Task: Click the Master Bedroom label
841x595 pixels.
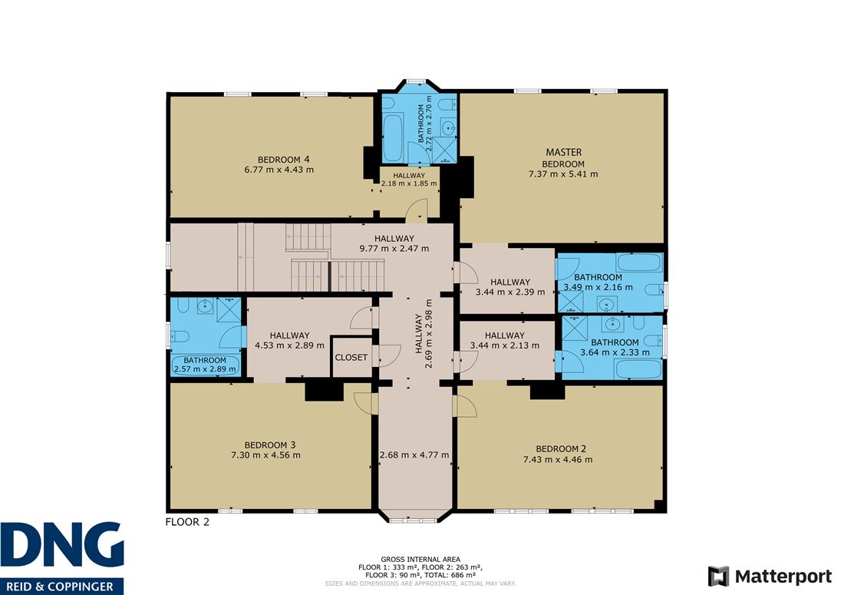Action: click(x=563, y=157)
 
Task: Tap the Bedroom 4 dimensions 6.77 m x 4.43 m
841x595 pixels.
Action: click(x=279, y=170)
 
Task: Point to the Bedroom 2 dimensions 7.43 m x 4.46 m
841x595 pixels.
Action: click(x=558, y=459)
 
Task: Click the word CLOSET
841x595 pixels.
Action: click(x=351, y=357)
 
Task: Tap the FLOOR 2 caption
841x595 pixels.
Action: click(x=187, y=522)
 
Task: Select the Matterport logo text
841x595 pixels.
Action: click(x=783, y=577)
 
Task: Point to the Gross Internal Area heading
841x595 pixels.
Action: click(x=420, y=559)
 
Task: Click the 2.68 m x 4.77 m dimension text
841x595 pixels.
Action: click(x=414, y=455)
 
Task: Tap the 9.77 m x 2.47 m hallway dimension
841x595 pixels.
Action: click(x=394, y=249)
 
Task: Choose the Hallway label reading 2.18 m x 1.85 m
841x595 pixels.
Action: click(x=409, y=179)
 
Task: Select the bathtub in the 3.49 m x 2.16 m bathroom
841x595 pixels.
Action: click(x=638, y=263)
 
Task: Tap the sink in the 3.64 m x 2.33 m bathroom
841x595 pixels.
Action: click(x=612, y=323)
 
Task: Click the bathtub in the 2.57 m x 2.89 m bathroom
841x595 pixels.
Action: click(x=206, y=365)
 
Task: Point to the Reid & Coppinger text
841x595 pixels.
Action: click(x=61, y=587)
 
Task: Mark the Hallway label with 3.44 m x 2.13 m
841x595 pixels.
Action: click(x=505, y=340)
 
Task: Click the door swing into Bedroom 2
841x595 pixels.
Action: click(x=464, y=405)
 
